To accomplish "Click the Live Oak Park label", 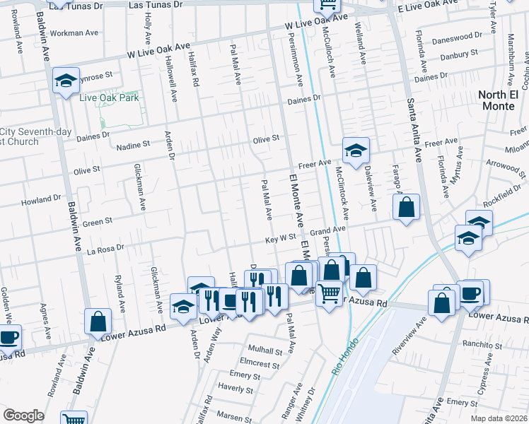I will (x=109, y=98).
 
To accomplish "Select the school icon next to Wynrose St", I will (x=66, y=81).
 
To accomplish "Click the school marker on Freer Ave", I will (x=356, y=150).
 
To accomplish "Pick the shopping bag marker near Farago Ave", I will (x=406, y=208).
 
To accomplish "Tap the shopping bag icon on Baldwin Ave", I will (x=98, y=322).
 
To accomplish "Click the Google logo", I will (x=23, y=416).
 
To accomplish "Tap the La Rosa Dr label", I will (x=105, y=248).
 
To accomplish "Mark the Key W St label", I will (x=281, y=239).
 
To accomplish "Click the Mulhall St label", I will (x=265, y=350).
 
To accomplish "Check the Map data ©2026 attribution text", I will (x=499, y=418).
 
